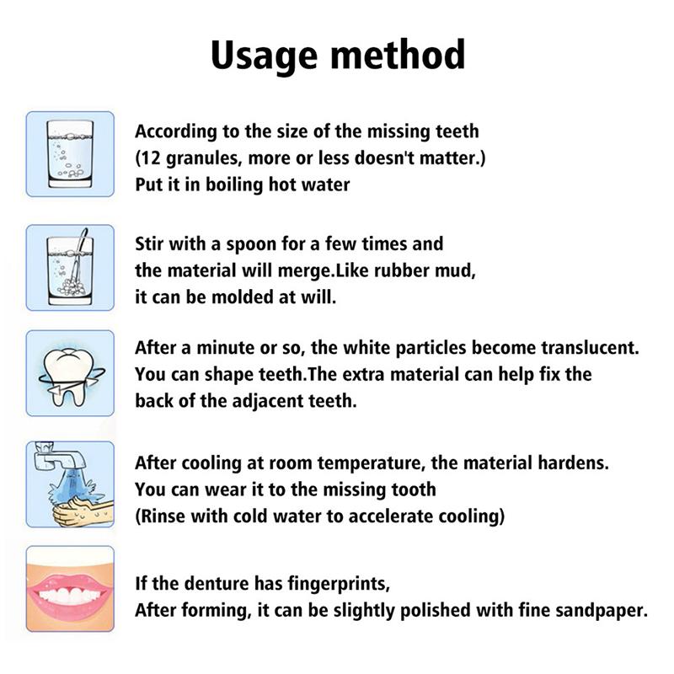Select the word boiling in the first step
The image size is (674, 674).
point(233,185)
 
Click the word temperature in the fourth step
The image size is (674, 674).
point(381,463)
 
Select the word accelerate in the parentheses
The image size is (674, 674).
point(400,516)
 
